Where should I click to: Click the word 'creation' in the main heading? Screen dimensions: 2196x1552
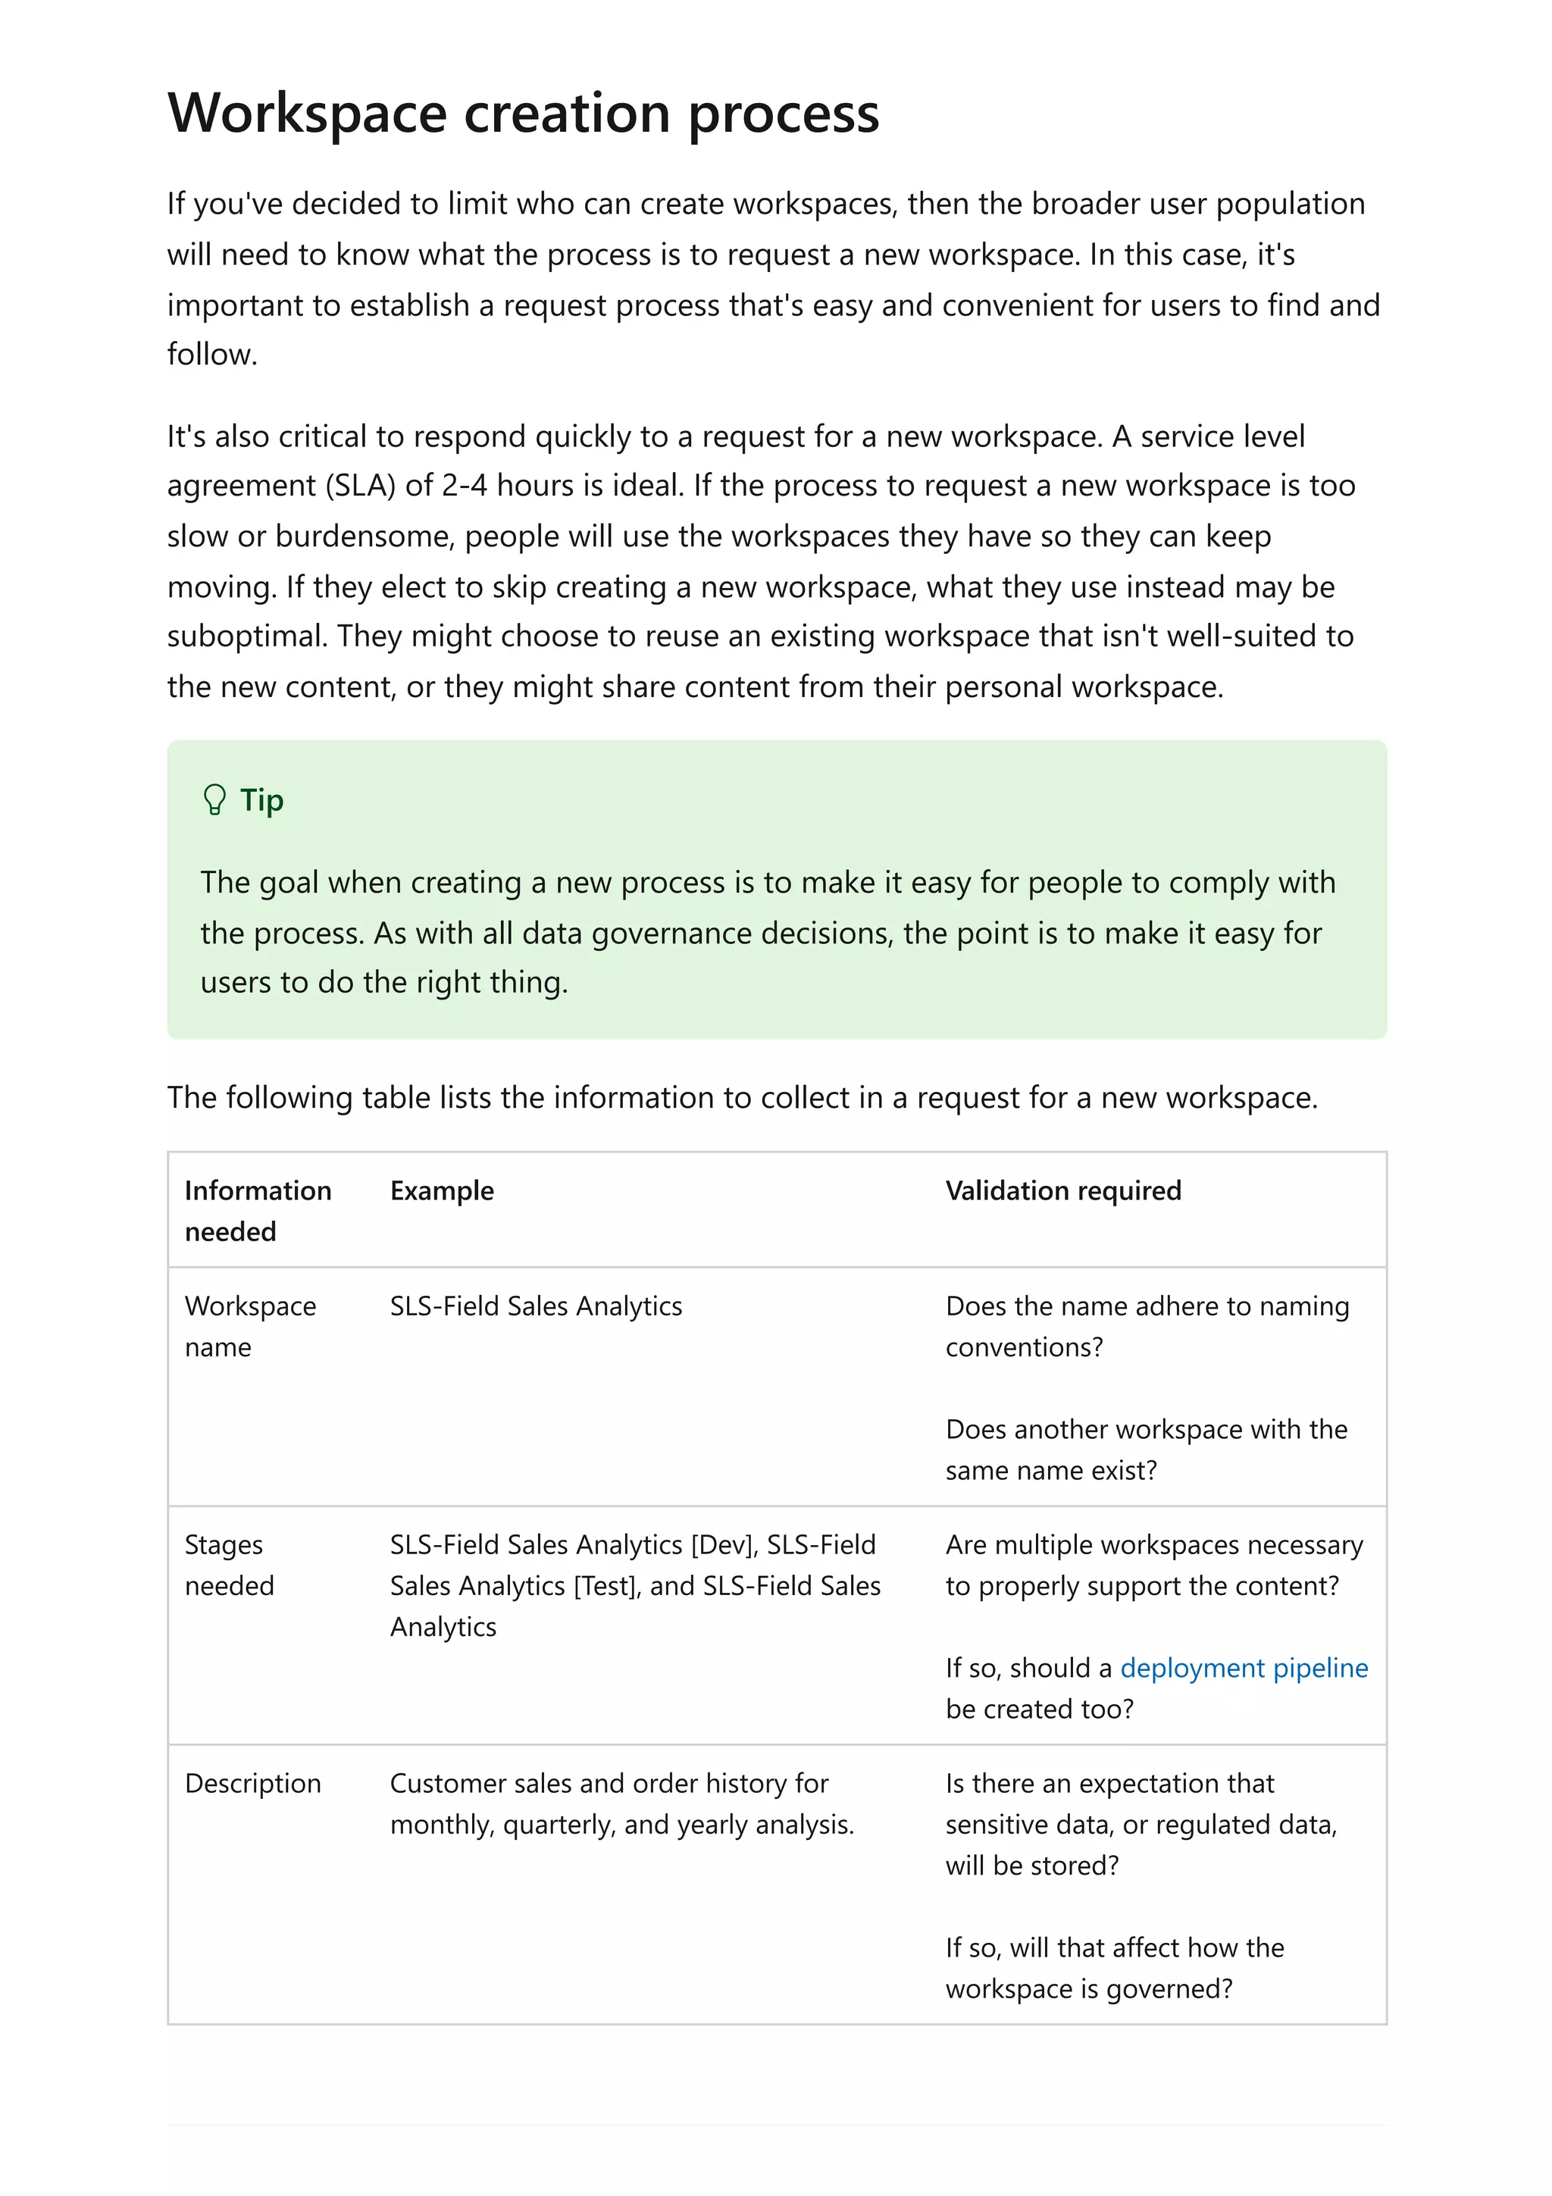[x=566, y=113]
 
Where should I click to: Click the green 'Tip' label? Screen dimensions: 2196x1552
[x=261, y=799]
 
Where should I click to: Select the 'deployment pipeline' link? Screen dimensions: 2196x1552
[x=1243, y=1668]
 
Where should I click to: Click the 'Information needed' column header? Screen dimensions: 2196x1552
[x=257, y=1210]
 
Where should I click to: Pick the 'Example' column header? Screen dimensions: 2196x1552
[x=441, y=1190]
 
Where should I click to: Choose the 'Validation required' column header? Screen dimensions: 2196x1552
[x=1062, y=1190]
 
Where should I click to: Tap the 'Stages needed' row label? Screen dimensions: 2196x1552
[x=229, y=1565]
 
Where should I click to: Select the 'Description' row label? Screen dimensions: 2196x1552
[x=252, y=1784]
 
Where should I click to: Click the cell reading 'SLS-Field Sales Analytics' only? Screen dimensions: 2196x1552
[x=536, y=1306]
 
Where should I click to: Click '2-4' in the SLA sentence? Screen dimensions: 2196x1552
[x=464, y=486]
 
